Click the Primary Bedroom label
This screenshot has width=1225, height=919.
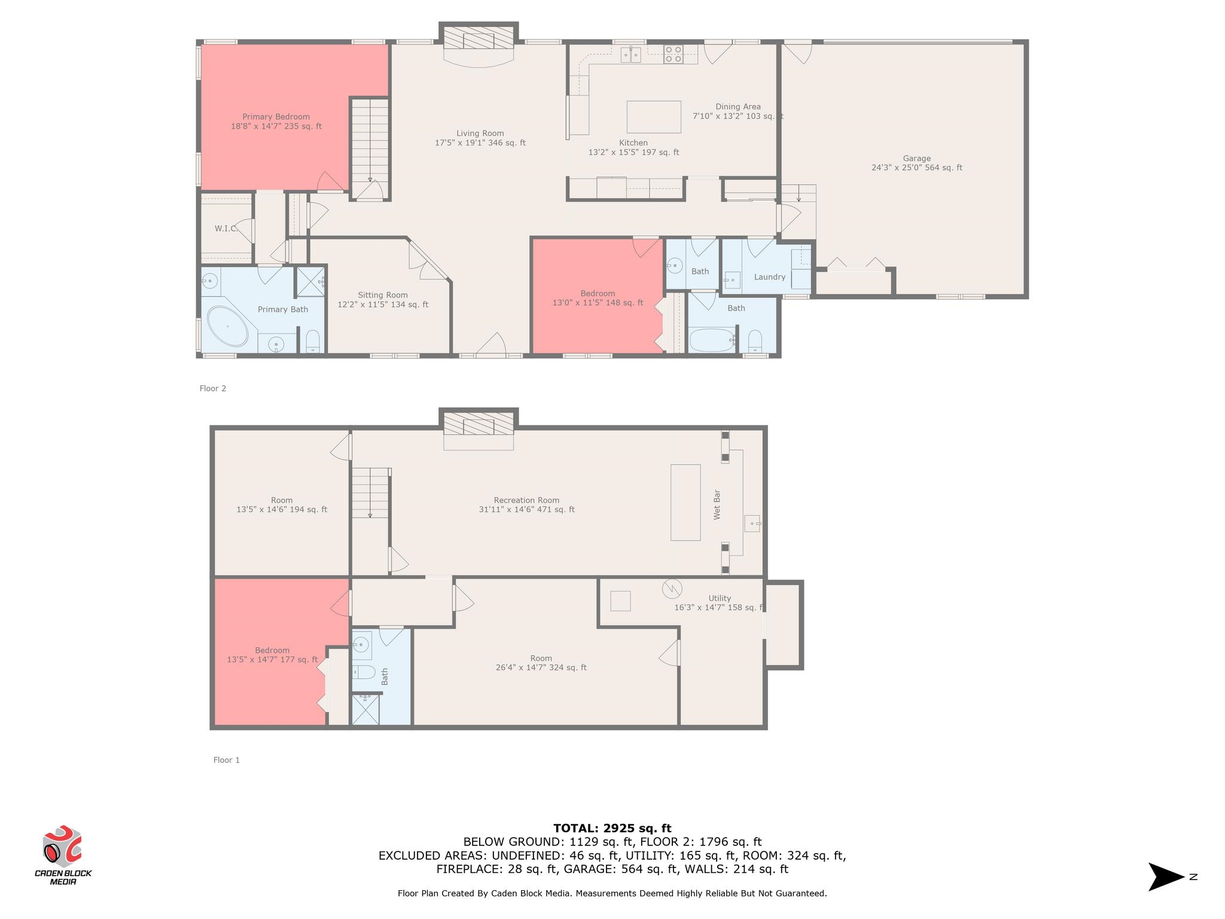(276, 121)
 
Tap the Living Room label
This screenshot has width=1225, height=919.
(480, 138)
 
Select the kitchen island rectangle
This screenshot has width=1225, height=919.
(654, 117)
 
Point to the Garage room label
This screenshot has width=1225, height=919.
(916, 163)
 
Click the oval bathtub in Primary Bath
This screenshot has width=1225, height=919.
(227, 327)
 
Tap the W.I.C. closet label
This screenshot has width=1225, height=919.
(226, 229)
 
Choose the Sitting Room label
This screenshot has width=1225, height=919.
(383, 300)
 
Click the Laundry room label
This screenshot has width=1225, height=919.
(770, 277)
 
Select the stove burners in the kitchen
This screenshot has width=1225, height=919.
(673, 54)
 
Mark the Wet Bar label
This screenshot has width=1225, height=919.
(717, 504)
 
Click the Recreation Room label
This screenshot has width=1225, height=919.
(526, 505)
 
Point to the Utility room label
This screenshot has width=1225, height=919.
(720, 602)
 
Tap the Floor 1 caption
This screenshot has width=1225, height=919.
(227, 760)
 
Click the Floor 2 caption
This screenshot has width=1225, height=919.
(213, 388)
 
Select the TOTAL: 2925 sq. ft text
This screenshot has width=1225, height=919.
(612, 828)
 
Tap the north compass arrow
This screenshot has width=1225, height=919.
(1166, 877)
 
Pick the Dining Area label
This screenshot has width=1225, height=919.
(738, 111)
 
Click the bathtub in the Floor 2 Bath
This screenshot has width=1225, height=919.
(712, 340)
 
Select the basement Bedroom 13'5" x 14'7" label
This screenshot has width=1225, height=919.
(272, 655)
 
